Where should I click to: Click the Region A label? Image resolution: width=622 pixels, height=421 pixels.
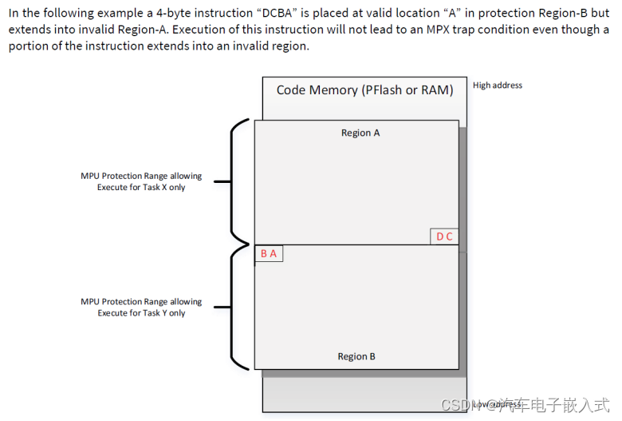click(360, 133)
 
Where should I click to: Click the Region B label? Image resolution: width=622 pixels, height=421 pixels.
click(356, 356)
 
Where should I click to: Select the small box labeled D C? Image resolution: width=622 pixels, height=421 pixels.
click(444, 236)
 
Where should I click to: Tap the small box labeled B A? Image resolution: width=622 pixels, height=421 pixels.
click(269, 253)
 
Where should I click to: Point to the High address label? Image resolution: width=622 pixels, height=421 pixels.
click(498, 85)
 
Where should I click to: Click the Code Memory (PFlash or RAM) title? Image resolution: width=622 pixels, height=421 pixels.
click(364, 90)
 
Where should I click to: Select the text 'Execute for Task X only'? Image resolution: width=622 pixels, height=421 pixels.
click(141, 188)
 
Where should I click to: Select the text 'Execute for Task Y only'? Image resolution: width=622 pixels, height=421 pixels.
click(141, 313)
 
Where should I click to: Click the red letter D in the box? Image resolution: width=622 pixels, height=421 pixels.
click(439, 236)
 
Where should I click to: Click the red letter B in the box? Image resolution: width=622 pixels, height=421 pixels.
click(264, 253)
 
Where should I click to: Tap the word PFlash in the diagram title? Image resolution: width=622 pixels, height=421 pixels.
click(381, 90)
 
